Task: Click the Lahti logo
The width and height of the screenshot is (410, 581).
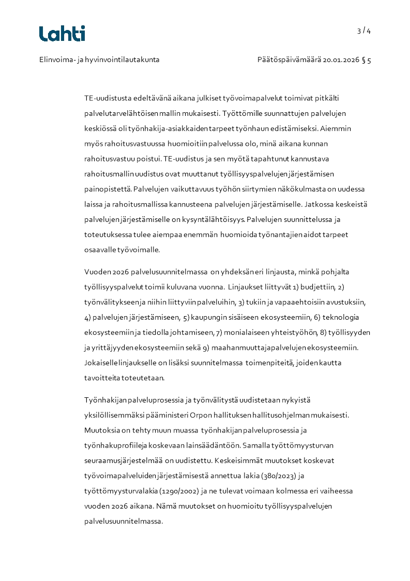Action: tap(62, 34)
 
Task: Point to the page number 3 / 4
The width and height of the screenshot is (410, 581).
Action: tap(364, 31)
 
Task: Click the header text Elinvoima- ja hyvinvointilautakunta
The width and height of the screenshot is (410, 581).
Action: tap(99, 59)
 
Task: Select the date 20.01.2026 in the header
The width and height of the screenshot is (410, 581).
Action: tap(341, 59)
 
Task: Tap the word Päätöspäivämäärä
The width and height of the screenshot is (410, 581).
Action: tap(289, 59)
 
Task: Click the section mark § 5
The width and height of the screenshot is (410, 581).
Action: tap(367, 59)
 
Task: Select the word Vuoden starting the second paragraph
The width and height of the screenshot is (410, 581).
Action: tap(96, 271)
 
